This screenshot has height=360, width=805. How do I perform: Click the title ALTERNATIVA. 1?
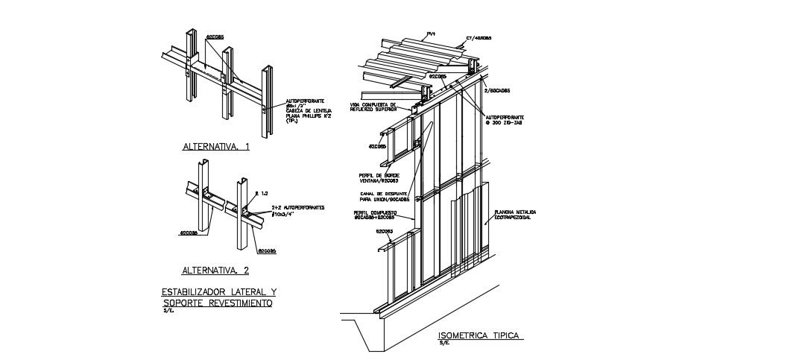(x=215, y=148)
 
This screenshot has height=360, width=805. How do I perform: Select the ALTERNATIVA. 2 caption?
(x=215, y=270)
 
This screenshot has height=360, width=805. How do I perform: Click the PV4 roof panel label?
(x=431, y=34)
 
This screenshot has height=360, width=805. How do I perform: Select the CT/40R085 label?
(x=478, y=38)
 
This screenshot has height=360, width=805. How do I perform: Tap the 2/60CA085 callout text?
(x=497, y=90)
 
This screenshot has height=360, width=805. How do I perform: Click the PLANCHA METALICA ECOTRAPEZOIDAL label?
(x=514, y=215)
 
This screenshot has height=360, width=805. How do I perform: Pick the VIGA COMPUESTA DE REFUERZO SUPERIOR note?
(x=378, y=107)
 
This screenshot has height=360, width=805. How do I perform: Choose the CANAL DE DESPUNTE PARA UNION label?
(x=384, y=197)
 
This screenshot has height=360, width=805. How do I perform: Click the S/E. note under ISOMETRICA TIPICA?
(x=444, y=344)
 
